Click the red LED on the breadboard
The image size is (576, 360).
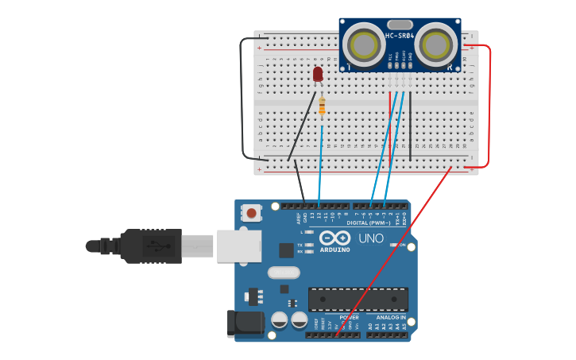[x=318, y=74]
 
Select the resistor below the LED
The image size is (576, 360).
[x=322, y=106]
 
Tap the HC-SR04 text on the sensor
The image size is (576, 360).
[x=400, y=36]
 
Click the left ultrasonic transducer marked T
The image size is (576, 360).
[x=364, y=45]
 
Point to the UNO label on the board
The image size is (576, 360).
[x=371, y=238]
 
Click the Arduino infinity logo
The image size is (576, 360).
[x=335, y=238]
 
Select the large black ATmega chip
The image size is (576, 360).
[x=358, y=299]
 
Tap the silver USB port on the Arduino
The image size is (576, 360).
[x=238, y=246]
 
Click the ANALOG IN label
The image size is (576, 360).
[x=391, y=317]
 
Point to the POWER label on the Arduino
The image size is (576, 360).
[x=349, y=317]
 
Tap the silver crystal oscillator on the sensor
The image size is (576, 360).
[x=400, y=25]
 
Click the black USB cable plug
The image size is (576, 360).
[x=151, y=246]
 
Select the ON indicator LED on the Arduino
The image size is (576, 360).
[x=392, y=246]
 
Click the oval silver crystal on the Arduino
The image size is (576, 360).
[x=284, y=273]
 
